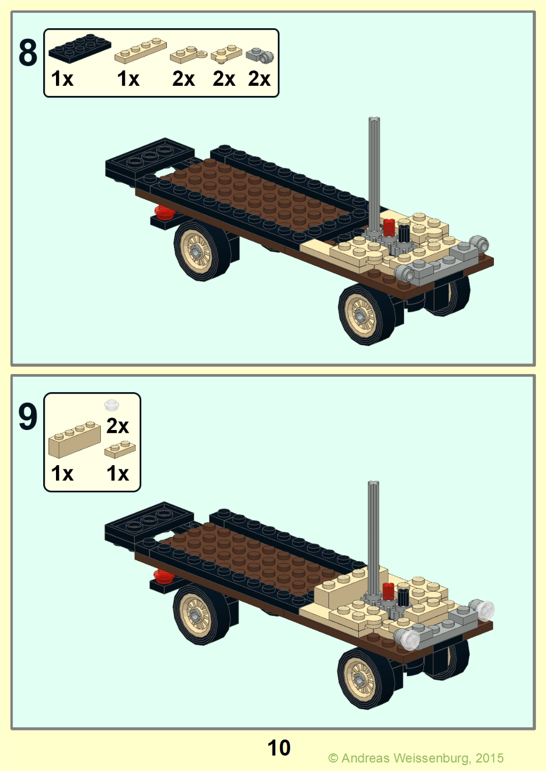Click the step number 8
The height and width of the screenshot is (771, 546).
28,53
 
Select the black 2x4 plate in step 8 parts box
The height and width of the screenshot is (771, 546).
80,48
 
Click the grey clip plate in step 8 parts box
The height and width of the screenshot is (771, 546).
260,55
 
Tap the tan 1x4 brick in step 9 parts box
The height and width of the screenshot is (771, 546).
75,439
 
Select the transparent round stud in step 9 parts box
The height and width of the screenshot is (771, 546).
111,404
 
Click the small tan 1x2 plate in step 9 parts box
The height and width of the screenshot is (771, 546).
120,449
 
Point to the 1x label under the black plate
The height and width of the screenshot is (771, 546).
62,78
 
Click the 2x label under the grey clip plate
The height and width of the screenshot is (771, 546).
259,78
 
